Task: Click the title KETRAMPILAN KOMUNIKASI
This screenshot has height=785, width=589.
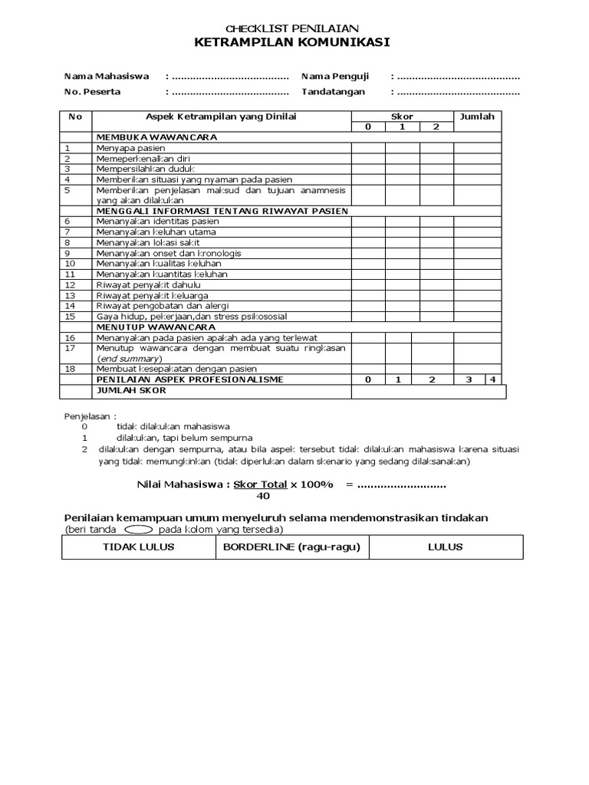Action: click(292, 43)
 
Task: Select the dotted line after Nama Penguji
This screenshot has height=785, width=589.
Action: click(459, 77)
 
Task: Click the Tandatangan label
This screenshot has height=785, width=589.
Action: click(334, 91)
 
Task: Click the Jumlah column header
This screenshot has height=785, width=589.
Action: click(477, 117)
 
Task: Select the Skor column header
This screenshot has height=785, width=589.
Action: click(402, 117)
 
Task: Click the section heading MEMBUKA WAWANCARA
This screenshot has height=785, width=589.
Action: click(156, 137)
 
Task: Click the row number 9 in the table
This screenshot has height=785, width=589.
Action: click(67, 253)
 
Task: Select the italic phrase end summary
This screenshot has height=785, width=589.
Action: click(129, 358)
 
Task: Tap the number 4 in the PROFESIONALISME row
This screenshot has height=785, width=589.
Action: click(493, 379)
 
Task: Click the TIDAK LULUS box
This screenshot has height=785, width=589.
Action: click(139, 547)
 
